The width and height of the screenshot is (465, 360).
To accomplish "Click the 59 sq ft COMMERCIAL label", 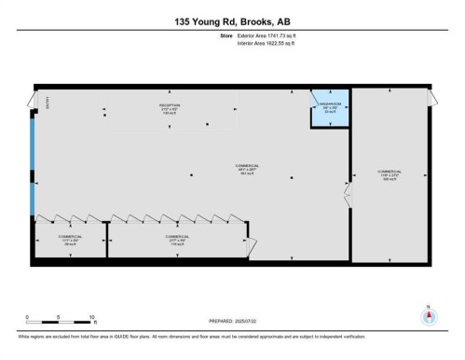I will tap(70, 240).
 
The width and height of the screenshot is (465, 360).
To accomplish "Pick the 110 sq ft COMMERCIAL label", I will tap(177, 240).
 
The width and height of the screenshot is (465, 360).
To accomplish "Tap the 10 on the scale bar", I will tap(91, 317).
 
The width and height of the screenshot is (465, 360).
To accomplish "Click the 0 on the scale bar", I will tap(27, 317).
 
